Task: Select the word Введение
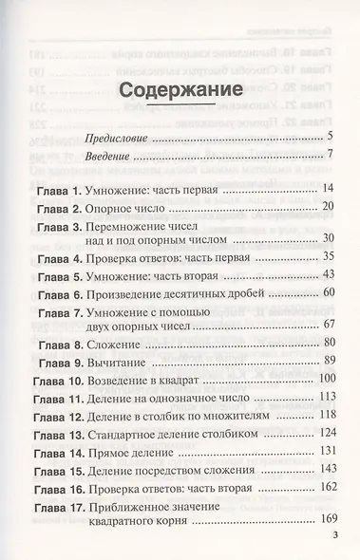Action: (x=109, y=154)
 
